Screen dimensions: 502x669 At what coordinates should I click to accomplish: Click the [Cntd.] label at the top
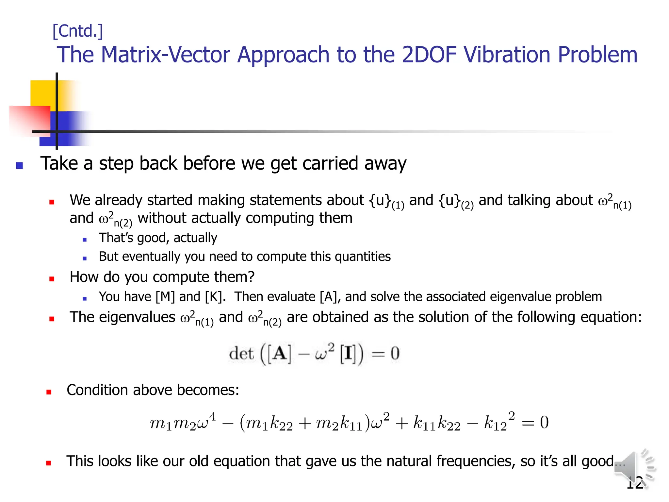coord(78,31)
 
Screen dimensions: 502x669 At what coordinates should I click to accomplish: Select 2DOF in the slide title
coord(429,55)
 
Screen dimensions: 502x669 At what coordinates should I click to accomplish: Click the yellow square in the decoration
coord(42,93)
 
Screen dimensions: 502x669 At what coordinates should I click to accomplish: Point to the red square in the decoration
coord(29,119)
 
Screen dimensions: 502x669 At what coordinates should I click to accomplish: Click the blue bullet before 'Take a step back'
coord(20,165)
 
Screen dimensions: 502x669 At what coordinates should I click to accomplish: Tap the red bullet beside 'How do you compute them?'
coord(52,279)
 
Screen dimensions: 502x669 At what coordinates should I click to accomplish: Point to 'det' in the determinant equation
coord(241,354)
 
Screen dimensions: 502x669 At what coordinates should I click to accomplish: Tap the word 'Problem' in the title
coord(597,55)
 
